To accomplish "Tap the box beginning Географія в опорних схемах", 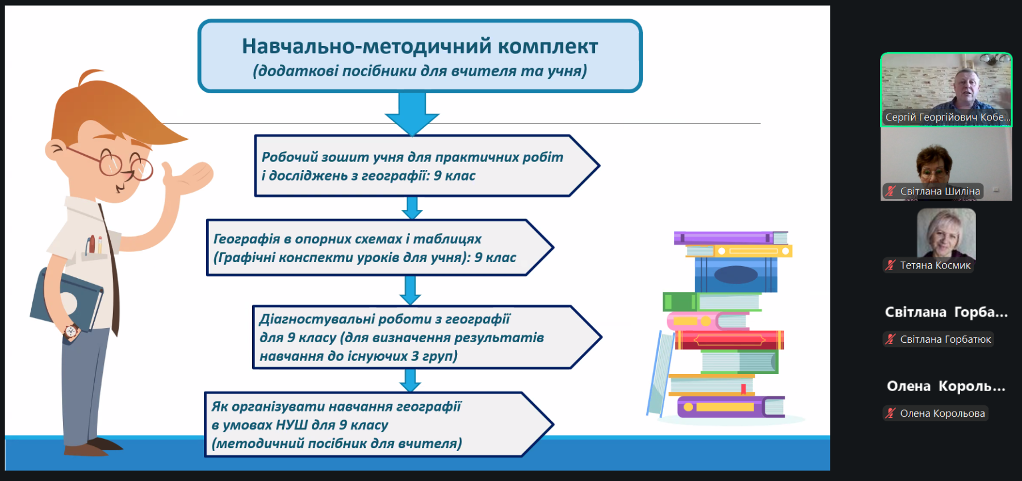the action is click(379, 248).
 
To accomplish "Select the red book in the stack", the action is click(730, 340).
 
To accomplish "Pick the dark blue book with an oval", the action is click(736, 275).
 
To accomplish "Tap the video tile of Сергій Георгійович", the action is click(946, 89).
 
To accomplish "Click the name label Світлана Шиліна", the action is click(940, 192).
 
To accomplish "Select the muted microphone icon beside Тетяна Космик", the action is click(890, 265).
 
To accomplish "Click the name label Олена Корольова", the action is click(943, 413).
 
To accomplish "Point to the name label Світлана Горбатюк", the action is click(945, 339).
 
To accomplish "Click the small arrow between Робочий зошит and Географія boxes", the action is click(412, 208).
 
